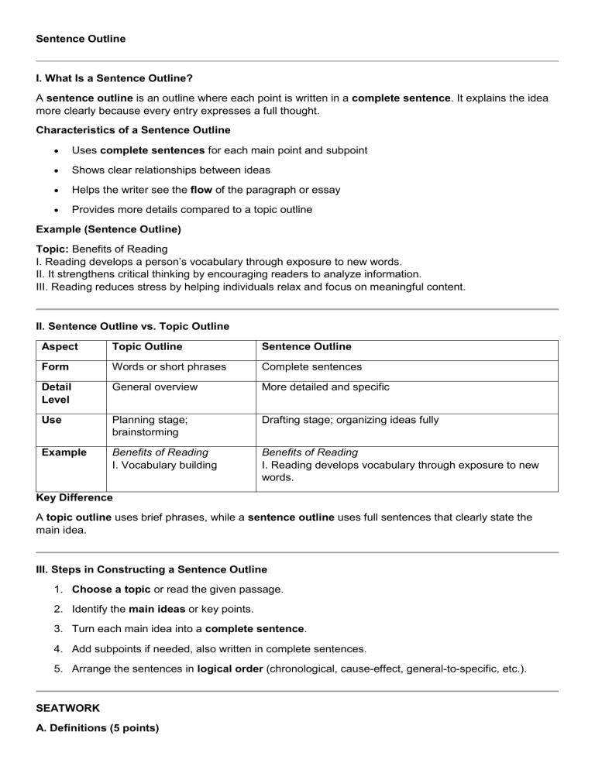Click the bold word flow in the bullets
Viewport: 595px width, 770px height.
[x=202, y=190]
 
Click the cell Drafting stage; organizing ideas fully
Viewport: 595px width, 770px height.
[x=350, y=420]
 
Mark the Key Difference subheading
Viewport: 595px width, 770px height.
[x=74, y=498]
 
